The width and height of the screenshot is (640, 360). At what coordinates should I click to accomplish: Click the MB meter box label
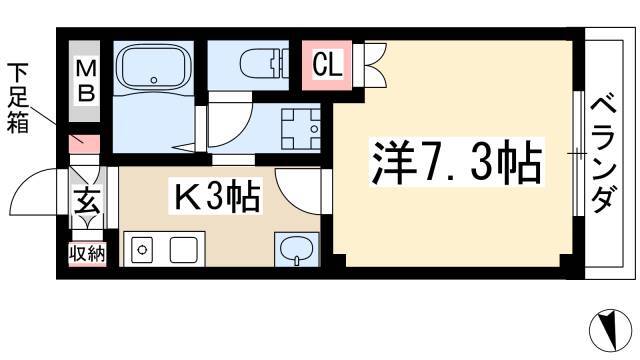point(87,81)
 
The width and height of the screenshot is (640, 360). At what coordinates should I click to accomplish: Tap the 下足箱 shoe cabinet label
point(18,98)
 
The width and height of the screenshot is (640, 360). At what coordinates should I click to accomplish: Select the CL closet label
point(327,65)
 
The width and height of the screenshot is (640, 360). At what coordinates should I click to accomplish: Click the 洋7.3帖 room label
point(456,162)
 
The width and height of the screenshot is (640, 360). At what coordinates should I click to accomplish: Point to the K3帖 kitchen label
point(215,197)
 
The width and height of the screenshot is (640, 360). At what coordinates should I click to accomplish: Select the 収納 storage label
point(87,254)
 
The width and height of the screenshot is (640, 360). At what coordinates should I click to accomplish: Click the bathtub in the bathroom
point(153,68)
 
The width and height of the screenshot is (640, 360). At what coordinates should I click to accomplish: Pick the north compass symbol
point(610,330)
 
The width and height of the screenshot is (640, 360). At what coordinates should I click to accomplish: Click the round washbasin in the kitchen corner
point(297,249)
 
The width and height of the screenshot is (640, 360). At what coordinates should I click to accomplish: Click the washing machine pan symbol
point(300,129)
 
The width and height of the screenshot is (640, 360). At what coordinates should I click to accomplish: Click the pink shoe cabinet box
point(84,144)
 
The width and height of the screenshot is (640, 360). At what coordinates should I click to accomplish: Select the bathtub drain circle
point(153,80)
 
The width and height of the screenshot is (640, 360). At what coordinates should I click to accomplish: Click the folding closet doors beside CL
point(370,65)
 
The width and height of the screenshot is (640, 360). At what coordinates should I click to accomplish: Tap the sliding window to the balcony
point(577,153)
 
